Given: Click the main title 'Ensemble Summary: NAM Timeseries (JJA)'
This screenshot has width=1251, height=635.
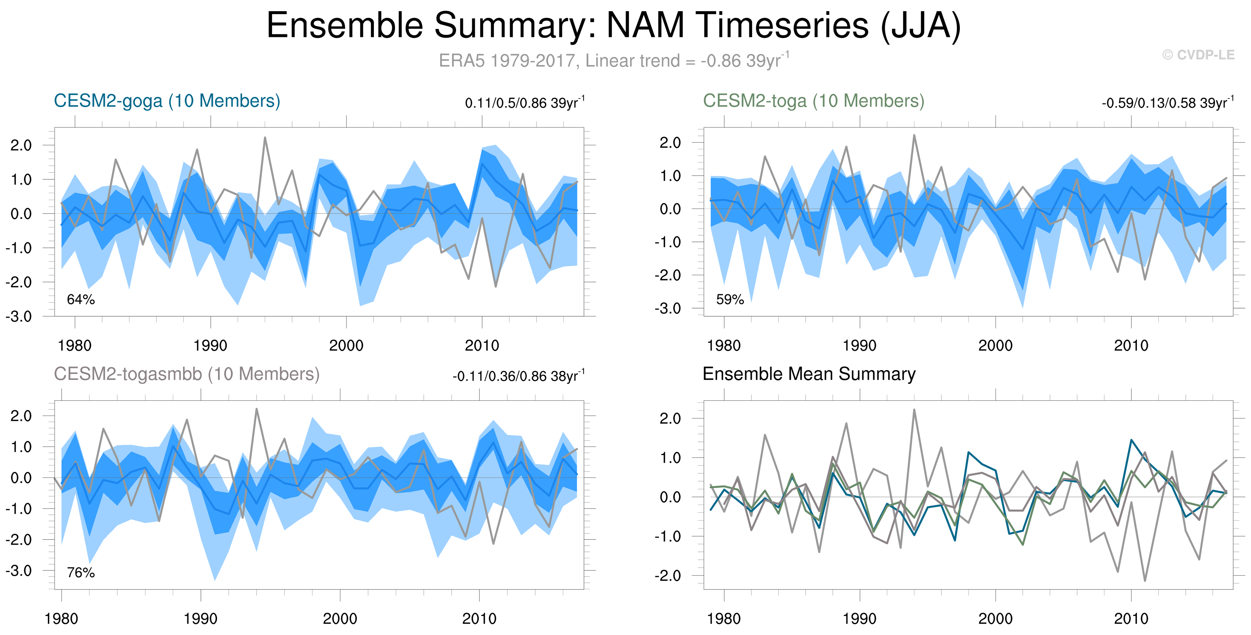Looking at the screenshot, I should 613,25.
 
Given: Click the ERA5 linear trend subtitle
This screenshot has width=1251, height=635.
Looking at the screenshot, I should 613,61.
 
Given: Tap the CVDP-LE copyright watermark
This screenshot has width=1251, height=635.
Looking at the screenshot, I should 1198,55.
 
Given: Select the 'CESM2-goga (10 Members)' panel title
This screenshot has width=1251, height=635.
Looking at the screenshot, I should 167,101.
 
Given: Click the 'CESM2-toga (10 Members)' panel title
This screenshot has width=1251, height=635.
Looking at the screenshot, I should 813,101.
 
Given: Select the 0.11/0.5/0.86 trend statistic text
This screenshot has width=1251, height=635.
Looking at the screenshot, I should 525,103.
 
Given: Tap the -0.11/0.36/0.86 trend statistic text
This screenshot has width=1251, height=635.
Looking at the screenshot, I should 518,376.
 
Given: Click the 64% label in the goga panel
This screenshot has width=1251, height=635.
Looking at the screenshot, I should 80,300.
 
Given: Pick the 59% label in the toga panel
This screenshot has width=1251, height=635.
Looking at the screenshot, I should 730,300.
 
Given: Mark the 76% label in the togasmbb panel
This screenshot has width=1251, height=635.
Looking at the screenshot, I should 80,573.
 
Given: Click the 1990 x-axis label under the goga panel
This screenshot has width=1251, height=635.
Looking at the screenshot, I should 210,346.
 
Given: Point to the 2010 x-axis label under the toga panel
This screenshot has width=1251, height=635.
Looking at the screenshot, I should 1131,346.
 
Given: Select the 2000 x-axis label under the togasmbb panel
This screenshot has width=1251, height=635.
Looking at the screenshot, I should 340,619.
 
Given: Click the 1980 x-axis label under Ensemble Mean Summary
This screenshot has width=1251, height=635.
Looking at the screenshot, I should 724,619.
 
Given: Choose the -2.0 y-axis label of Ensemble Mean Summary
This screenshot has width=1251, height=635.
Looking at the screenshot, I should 668,576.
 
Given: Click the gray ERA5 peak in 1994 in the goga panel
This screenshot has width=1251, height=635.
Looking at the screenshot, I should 265,137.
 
